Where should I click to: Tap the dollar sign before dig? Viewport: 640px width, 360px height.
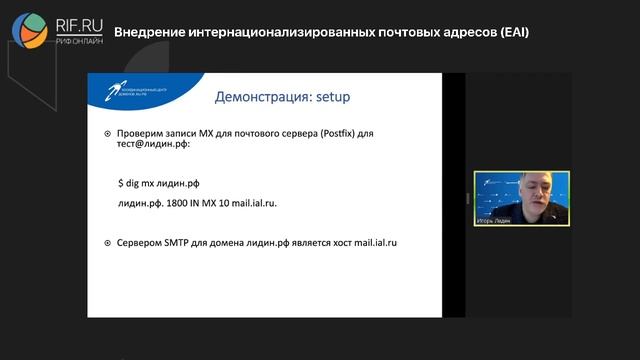pos(120,182)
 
